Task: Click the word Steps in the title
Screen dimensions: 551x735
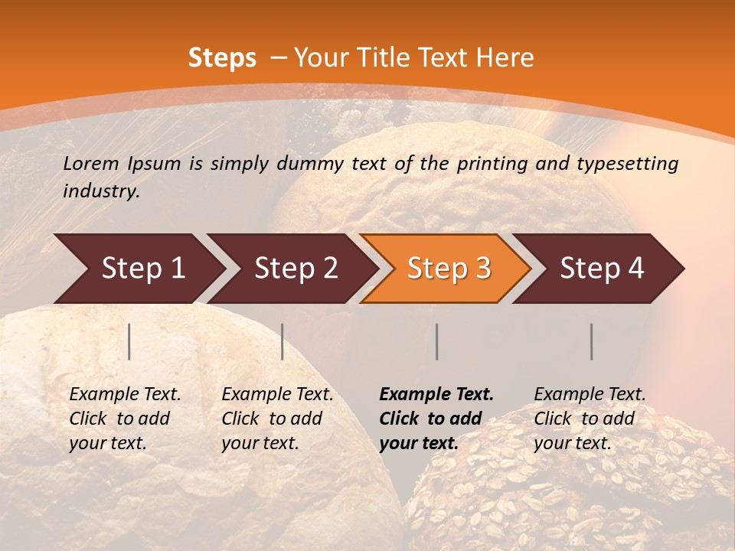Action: point(222,58)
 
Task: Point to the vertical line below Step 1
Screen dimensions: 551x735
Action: point(129,341)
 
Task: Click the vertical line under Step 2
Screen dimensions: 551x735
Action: point(283,341)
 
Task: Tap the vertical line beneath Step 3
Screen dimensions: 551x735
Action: point(437,341)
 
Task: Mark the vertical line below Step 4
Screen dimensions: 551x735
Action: point(592,341)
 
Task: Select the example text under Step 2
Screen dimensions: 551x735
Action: point(276,419)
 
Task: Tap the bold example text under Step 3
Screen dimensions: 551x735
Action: point(436,419)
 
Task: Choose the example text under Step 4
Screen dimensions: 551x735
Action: point(589,419)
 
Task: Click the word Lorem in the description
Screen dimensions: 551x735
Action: point(90,164)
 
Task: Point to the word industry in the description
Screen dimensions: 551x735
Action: point(101,191)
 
